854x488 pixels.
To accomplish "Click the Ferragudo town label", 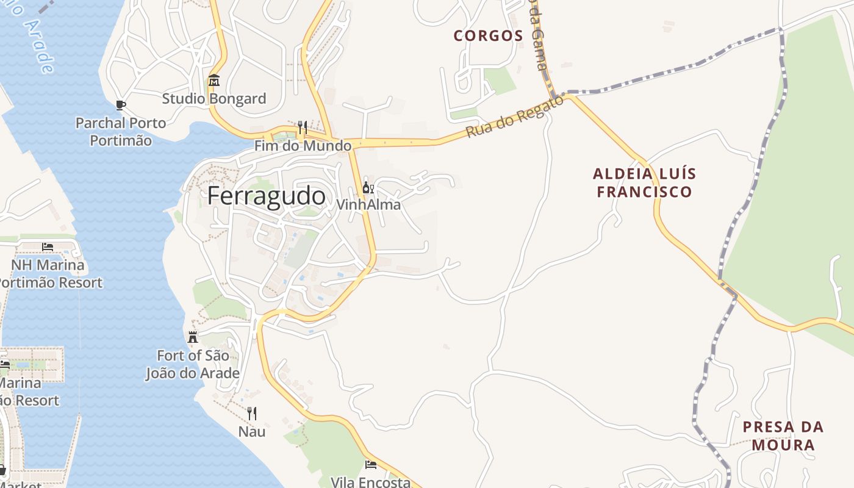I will click(266, 196).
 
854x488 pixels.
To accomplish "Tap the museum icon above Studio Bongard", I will click(213, 81).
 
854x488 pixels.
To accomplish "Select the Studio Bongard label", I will click(213, 98).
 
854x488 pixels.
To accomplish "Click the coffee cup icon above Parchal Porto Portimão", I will click(120, 105).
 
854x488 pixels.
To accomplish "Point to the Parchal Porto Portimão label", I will click(121, 131).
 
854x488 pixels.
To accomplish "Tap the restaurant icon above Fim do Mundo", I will click(302, 127).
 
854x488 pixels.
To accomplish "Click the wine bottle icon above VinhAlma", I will click(368, 187).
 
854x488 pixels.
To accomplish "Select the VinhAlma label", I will click(368, 204).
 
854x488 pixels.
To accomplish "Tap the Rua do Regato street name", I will click(515, 116).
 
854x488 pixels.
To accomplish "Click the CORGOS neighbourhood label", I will click(488, 35).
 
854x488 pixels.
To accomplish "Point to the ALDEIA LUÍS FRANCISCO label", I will click(644, 182).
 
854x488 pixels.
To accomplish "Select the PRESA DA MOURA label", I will click(783, 436).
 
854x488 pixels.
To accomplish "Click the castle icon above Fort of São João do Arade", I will click(193, 337).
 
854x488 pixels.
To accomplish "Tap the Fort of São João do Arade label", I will click(193, 364).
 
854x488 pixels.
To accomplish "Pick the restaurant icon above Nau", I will click(251, 414).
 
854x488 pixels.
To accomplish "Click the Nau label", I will click(251, 431).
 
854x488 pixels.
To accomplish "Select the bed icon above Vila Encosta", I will click(370, 465).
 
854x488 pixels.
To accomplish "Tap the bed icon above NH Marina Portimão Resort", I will click(48, 247).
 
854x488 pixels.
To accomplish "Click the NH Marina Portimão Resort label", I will click(49, 274).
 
